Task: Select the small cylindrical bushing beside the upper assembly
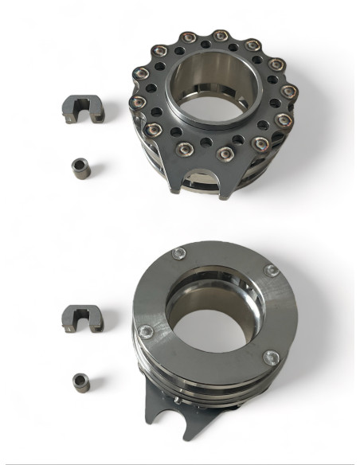tap(80, 168)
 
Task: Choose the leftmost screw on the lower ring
tap(144, 334)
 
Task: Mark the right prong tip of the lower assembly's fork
tap(186, 437)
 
